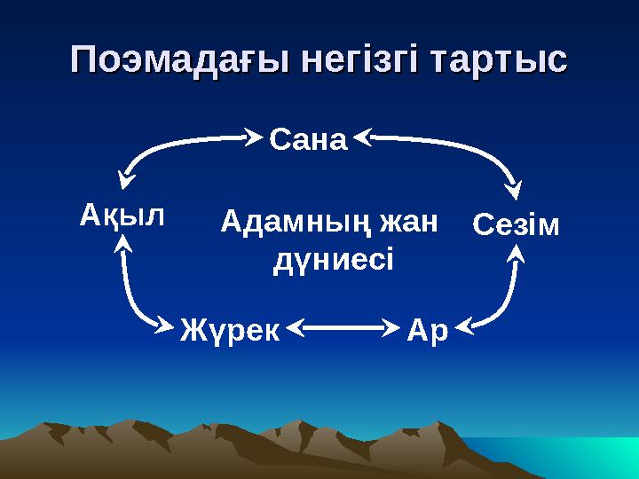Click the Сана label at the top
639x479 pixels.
306,139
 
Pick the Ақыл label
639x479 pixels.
122,215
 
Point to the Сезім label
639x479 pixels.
516,225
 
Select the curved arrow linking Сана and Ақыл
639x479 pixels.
169,146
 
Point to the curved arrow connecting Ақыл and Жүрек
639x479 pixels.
133,297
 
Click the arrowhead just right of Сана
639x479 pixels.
365,137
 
